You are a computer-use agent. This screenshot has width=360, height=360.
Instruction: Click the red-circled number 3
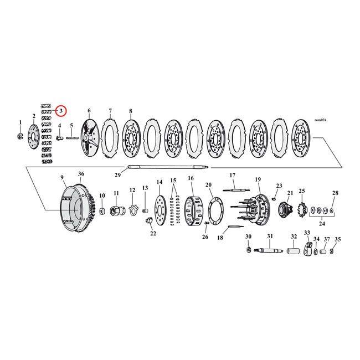(x=61, y=111)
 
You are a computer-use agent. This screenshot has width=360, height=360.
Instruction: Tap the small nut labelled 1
(x=20, y=136)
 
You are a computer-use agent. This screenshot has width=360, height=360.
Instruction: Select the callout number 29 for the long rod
(x=117, y=175)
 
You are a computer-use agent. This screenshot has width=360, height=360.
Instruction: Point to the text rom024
(x=320, y=120)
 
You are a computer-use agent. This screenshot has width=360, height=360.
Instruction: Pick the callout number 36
(x=81, y=174)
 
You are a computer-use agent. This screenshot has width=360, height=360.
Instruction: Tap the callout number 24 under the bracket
(x=322, y=223)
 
